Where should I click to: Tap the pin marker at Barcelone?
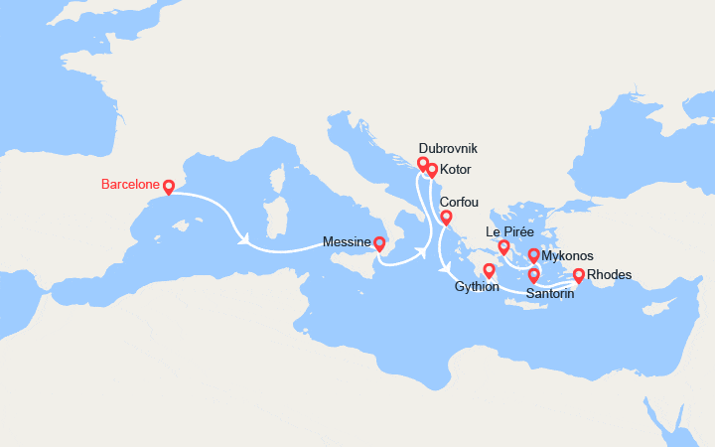click(x=169, y=186)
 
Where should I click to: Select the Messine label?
click(x=347, y=241)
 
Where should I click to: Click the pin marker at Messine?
click(x=379, y=242)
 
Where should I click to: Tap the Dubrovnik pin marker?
click(x=423, y=163)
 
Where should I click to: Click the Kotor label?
click(x=455, y=170)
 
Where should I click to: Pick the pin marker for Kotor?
click(x=432, y=170)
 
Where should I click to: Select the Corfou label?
click(x=459, y=202)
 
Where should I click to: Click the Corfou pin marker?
click(x=446, y=217)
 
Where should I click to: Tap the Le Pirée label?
click(x=510, y=232)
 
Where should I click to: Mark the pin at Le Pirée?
click(x=503, y=246)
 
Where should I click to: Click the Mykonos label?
click(x=567, y=256)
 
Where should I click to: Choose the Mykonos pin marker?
click(x=534, y=255)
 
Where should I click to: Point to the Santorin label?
click(x=549, y=294)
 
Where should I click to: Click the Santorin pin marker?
click(x=534, y=274)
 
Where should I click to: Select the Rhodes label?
click(x=609, y=275)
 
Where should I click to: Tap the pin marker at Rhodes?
click(x=579, y=275)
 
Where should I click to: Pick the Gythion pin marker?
click(x=490, y=270)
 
